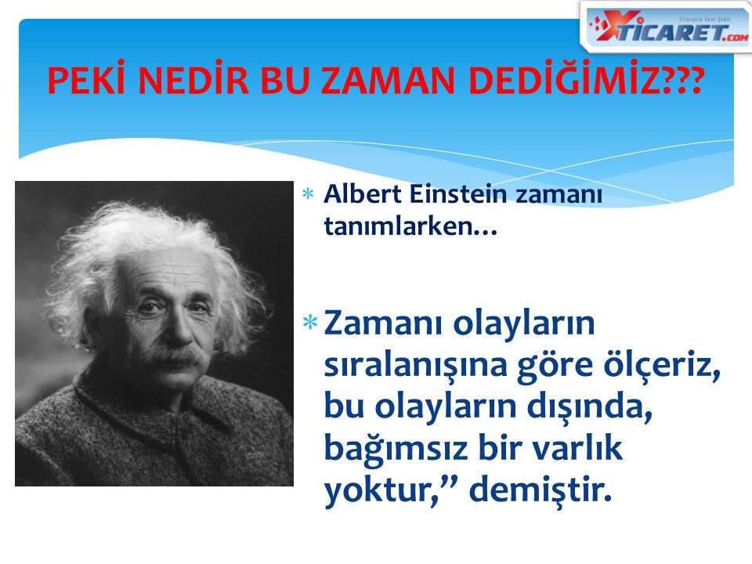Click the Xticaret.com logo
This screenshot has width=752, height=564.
666,27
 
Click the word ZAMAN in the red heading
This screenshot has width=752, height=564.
388,80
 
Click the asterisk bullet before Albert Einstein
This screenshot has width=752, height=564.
308,194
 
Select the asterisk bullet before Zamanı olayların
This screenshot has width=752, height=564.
310,322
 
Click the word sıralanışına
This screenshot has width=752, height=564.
415,367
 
